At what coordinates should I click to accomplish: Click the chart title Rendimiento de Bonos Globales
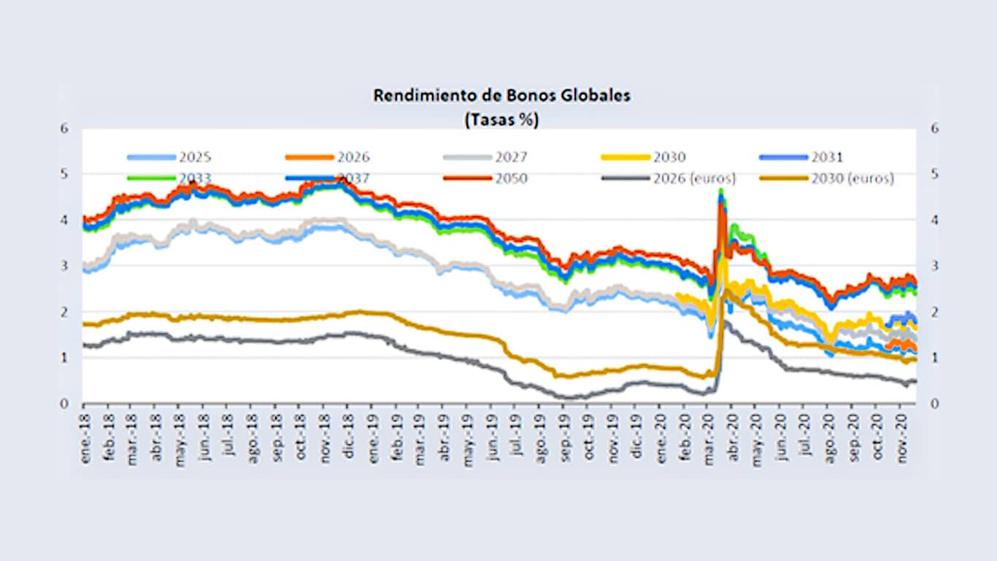[501, 96]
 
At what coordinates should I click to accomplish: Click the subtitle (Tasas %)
[501, 119]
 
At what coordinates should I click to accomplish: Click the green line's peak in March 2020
[721, 190]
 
